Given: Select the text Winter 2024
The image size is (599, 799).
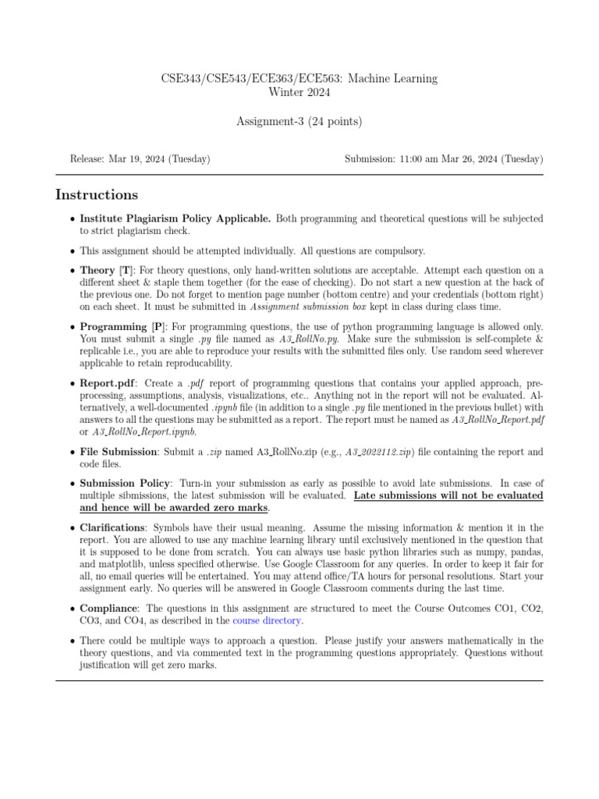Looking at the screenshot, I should [299, 92].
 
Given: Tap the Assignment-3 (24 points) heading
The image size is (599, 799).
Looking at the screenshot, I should [299, 121].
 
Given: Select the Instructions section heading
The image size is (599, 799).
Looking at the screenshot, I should [97, 195].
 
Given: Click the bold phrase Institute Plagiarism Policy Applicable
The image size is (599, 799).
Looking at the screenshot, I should [175, 219].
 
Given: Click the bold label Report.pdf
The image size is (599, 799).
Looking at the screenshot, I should [107, 385].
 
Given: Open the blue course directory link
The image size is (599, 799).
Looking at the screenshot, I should [268, 621].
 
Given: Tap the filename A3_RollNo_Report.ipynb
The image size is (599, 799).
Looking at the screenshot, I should [144, 431].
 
